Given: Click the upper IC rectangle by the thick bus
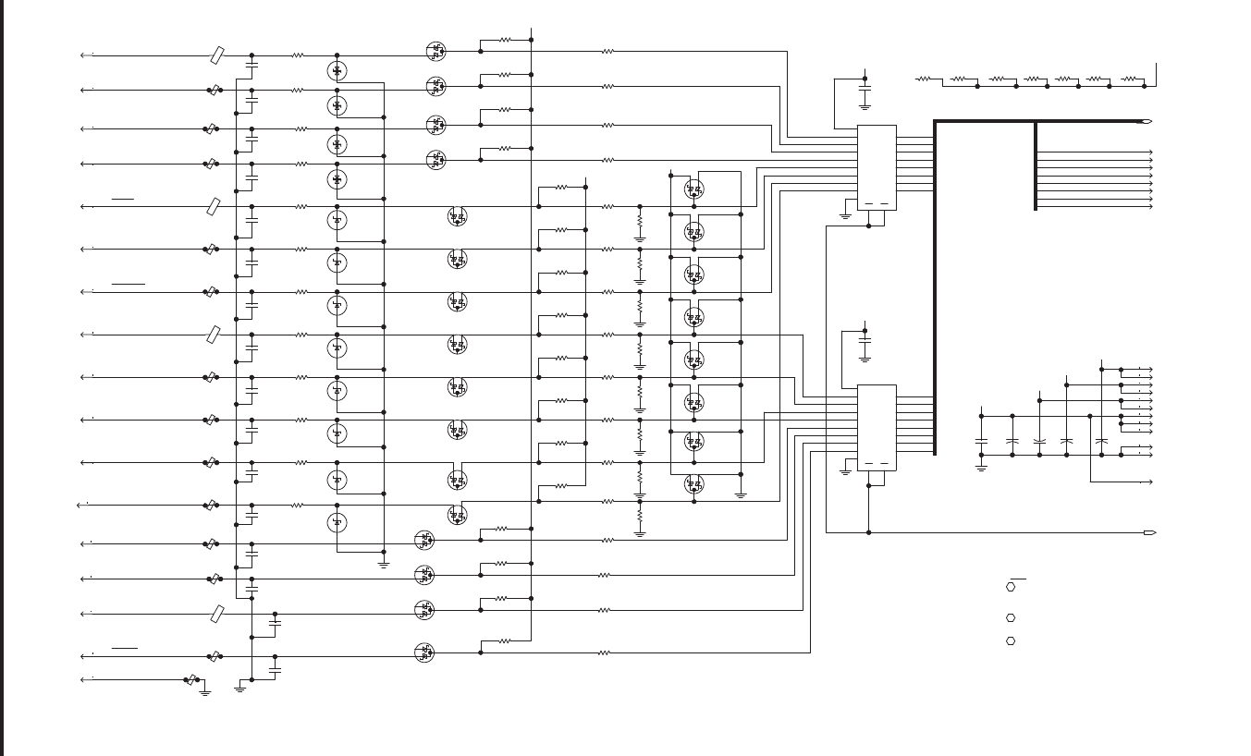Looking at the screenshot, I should click(x=876, y=166).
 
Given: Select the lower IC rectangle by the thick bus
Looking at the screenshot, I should click(x=876, y=427).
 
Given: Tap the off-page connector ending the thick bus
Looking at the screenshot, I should click(x=1146, y=121).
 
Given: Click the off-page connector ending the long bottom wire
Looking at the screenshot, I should click(x=1149, y=532).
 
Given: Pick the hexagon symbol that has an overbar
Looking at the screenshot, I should click(x=1011, y=587).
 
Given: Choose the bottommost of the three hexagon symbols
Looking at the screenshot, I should click(x=1011, y=640).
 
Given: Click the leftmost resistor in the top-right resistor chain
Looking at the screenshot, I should click(x=924, y=79).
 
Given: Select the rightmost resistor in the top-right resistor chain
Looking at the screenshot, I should click(x=1128, y=79).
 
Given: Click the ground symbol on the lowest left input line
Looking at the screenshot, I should click(x=205, y=691).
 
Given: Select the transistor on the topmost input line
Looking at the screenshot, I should click(x=435, y=52).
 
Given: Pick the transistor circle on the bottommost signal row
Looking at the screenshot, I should click(x=423, y=652).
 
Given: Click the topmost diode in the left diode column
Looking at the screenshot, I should click(x=337, y=70).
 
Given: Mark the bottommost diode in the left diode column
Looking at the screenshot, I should click(x=337, y=522).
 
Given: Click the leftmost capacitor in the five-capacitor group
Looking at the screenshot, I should click(x=981, y=441).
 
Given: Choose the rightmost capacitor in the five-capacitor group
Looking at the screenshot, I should click(x=1101, y=441).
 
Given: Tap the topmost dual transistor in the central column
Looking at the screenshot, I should click(x=693, y=189).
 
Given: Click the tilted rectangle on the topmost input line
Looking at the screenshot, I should click(x=216, y=55).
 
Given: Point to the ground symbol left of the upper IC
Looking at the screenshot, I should click(x=845, y=215).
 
